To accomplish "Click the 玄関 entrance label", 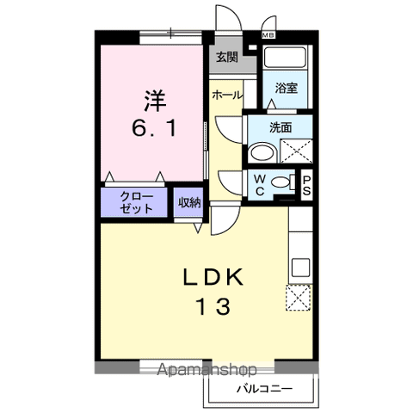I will pyautogui.click(x=227, y=58).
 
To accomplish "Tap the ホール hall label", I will pyautogui.click(x=227, y=95).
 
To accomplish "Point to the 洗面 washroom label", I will pyautogui.click(x=280, y=127).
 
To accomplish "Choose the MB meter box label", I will pyautogui.click(x=268, y=36).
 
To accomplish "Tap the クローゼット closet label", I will pyautogui.click(x=136, y=202).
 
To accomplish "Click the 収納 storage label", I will pyautogui.click(x=189, y=202).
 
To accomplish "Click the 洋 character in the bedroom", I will pyautogui.click(x=154, y=100).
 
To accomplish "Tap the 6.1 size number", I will pyautogui.click(x=154, y=130).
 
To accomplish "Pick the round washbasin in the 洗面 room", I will pyautogui.click(x=260, y=153).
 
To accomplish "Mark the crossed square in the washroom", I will pyautogui.click(x=296, y=151).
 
